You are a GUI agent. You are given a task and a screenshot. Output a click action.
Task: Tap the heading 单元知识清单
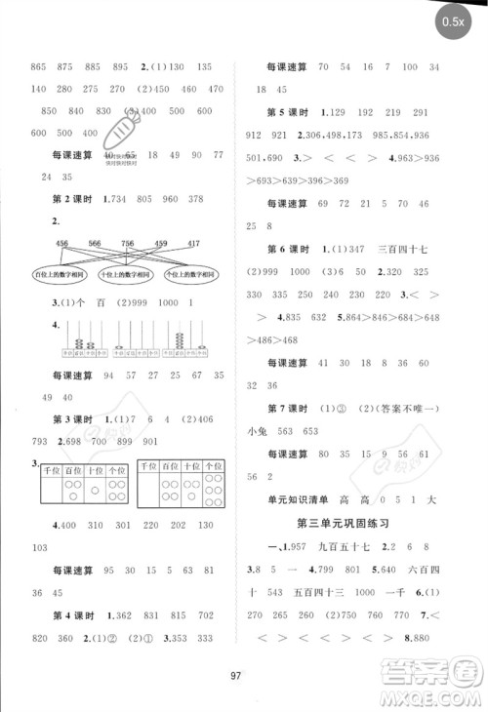(x=304, y=496)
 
